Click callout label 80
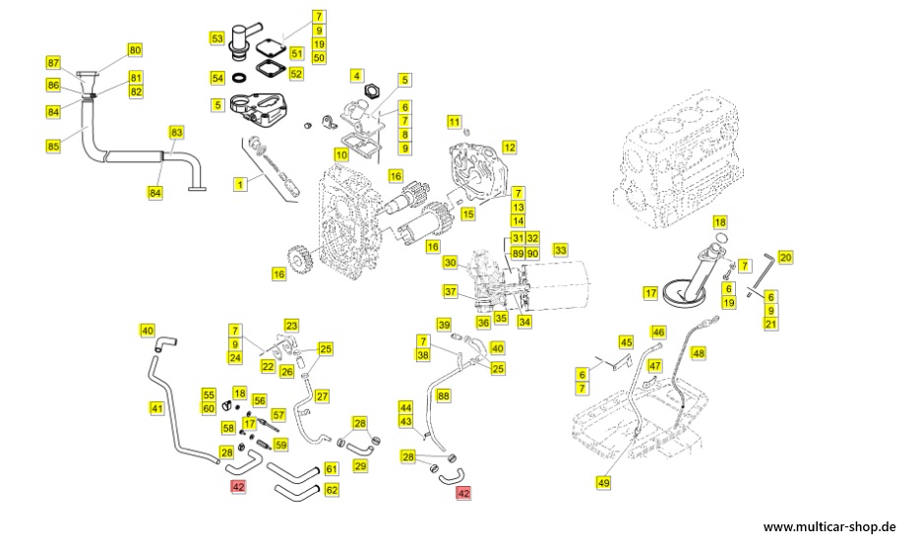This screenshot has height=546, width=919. pos(135,49)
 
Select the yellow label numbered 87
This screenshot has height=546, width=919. pos(53,62)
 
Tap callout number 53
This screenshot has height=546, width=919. pos(216,38)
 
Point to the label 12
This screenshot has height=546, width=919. pos(509,147)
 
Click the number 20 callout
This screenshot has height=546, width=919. pos(785,257)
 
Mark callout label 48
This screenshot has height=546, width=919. pos(699,352)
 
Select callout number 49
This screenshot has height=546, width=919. pos(603,482)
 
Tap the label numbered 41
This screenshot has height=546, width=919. pos(156,408)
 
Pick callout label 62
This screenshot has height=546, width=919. pos(332,489)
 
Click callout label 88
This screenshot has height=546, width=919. pos(444,394)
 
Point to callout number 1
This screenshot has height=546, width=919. pos(239,184)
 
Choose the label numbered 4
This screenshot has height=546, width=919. pos(356,75)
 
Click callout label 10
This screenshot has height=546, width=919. pos(341,154)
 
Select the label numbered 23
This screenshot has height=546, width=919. pos(291,325)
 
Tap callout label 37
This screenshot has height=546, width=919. pos(450,291)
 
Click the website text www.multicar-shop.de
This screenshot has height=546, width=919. pos(828,526)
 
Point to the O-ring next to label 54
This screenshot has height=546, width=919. pos(238,78)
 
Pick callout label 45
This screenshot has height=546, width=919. pos(626,341)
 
